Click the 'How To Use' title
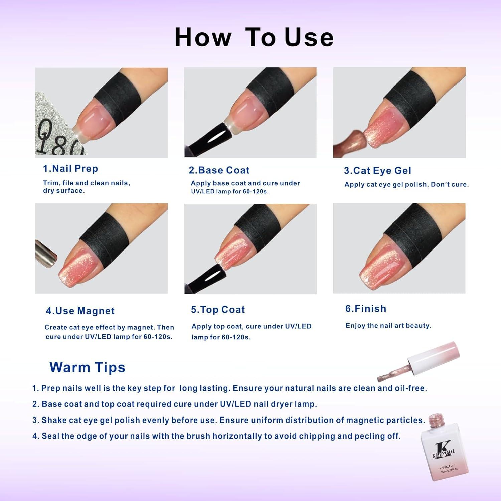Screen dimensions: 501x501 254,37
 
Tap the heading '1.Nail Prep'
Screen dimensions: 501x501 70,169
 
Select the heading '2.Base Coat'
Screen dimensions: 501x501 219,170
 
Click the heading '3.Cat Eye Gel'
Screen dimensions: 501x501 377,171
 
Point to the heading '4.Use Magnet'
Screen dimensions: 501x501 80,311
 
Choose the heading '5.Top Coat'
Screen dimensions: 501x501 218,310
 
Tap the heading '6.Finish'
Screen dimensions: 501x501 366,309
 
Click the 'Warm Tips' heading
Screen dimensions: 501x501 88,367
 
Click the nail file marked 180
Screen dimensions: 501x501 55,134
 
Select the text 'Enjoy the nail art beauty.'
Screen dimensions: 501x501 388,326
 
